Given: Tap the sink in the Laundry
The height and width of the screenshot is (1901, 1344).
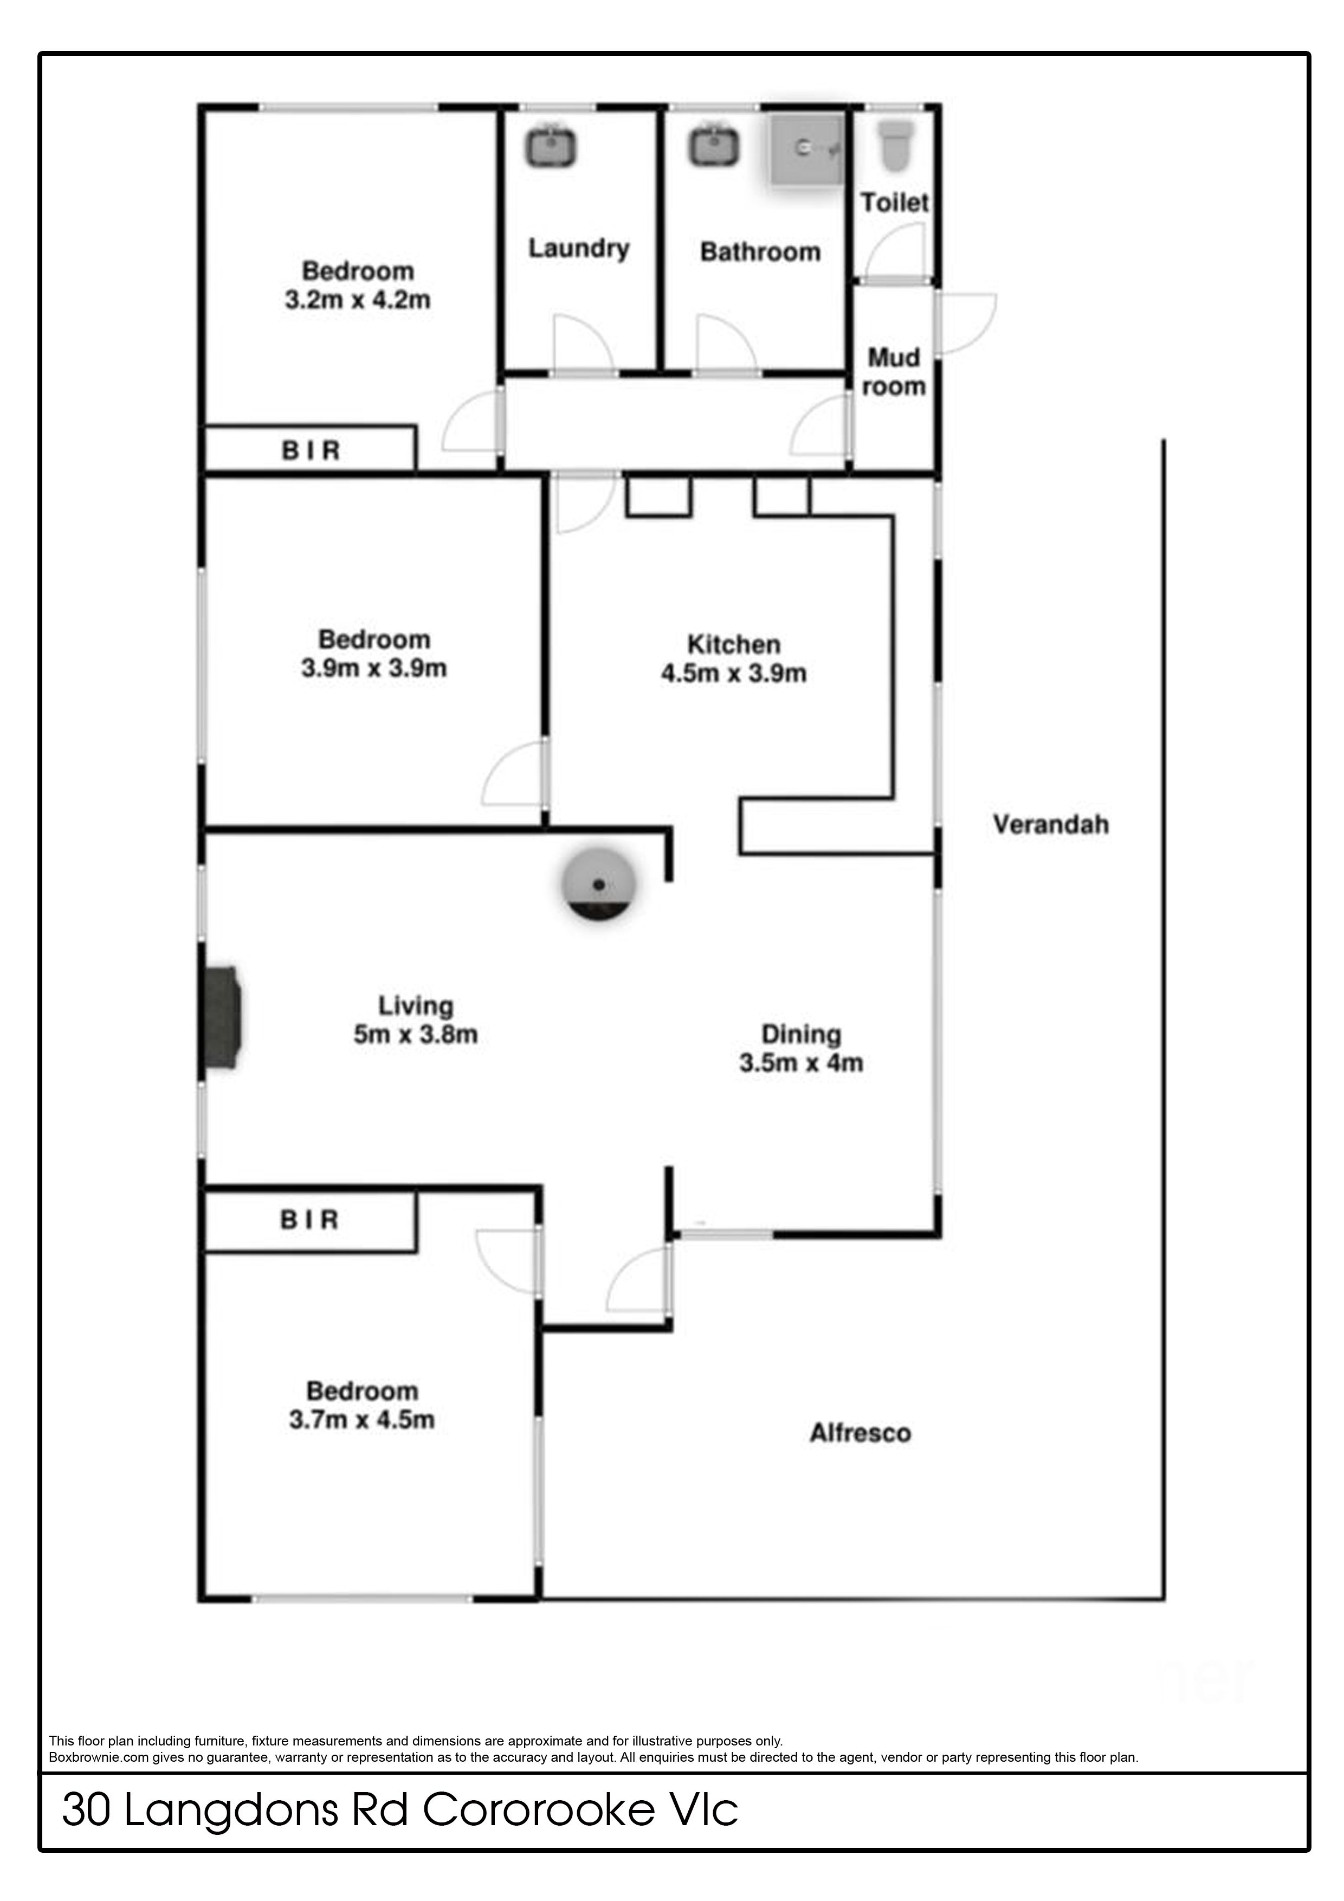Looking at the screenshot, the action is pyautogui.click(x=550, y=146).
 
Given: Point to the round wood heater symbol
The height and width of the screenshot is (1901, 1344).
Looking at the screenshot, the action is pyautogui.click(x=599, y=886).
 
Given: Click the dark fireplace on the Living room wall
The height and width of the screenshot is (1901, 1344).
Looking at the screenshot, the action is pyautogui.click(x=220, y=1018).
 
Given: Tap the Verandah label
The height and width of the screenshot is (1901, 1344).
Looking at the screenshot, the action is pyautogui.click(x=1051, y=825).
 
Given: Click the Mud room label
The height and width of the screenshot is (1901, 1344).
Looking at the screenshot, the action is pyautogui.click(x=894, y=372).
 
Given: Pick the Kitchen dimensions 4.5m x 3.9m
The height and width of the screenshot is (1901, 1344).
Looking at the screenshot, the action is pyautogui.click(x=734, y=673).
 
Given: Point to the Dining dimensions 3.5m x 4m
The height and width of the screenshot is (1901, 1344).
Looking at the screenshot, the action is pyautogui.click(x=802, y=1063).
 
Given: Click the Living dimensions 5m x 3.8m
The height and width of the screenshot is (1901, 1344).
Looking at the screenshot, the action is pyautogui.click(x=416, y=1034).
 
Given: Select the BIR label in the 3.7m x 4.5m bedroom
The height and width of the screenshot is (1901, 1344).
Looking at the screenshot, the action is pyautogui.click(x=309, y=1220).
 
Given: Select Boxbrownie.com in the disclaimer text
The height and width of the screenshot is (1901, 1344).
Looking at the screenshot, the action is pyautogui.click(x=99, y=1757).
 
